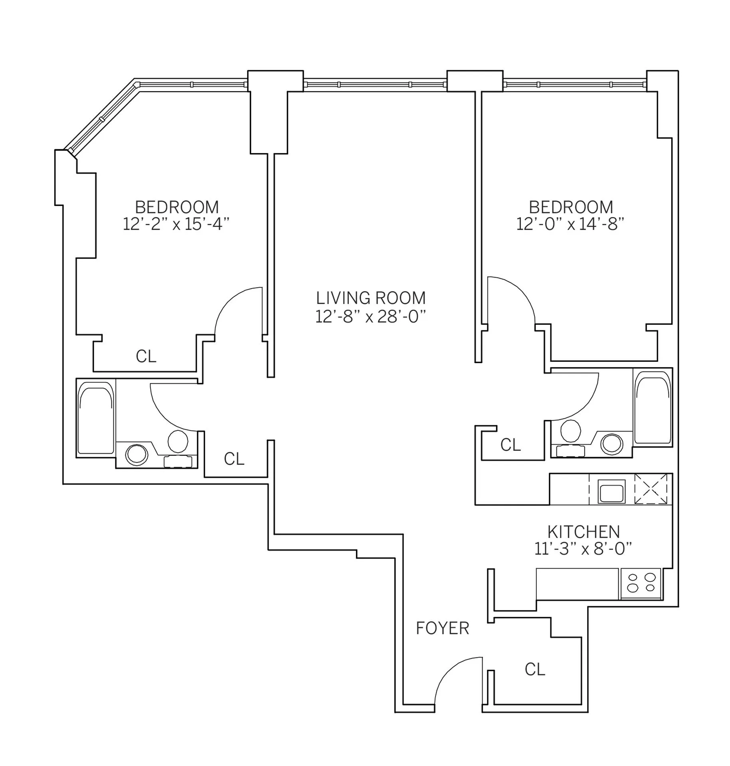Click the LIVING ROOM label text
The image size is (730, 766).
click(x=370, y=298)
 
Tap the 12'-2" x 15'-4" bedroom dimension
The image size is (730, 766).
click(x=176, y=225)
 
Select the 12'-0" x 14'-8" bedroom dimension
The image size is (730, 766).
click(x=570, y=225)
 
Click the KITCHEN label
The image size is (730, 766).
click(x=583, y=532)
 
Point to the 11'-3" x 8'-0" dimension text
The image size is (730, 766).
click(x=583, y=550)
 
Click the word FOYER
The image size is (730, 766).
click(x=442, y=628)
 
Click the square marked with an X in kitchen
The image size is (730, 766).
click(x=651, y=489)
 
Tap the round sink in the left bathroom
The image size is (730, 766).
click(x=137, y=454)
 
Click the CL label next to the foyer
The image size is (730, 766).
click(x=535, y=669)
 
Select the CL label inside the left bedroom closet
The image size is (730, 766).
click(x=146, y=356)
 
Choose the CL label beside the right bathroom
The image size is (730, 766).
click(x=510, y=445)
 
